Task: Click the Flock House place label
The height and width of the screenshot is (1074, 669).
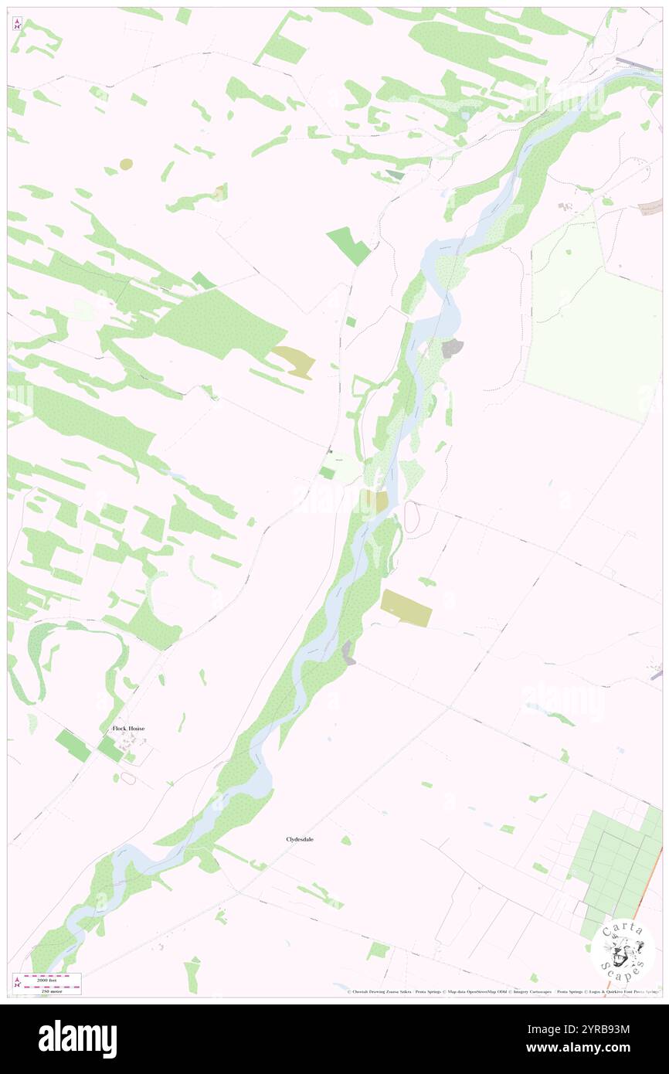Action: (128, 729)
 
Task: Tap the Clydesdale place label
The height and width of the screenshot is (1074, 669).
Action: (300, 839)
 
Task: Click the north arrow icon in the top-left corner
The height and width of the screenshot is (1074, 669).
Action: (17, 24)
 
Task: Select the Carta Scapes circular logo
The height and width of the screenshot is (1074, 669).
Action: (623, 950)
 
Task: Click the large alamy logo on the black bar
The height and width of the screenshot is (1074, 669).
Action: (77, 1039)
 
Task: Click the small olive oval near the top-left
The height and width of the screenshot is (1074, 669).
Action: (126, 164)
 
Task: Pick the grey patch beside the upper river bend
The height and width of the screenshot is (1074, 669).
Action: (453, 348)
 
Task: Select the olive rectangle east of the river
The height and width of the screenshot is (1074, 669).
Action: (406, 608)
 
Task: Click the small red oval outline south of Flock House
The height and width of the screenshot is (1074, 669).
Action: (128, 778)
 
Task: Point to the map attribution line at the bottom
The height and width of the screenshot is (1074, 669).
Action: (502, 991)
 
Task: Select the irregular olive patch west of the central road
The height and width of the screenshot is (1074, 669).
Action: (294, 361)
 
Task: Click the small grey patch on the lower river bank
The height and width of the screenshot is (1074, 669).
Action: (349, 652)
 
